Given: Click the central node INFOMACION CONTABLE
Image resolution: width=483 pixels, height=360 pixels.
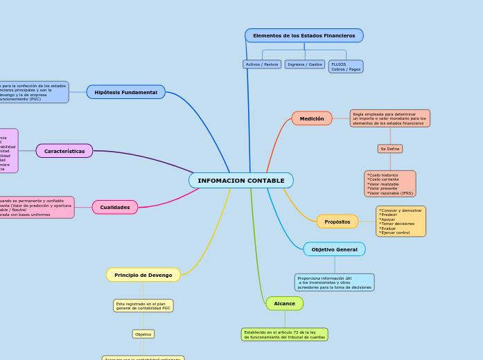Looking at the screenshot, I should [x=241, y=181].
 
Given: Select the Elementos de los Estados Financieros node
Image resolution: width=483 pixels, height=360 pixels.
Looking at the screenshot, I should [x=304, y=35].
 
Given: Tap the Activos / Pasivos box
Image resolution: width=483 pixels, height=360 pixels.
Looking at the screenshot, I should [x=262, y=64].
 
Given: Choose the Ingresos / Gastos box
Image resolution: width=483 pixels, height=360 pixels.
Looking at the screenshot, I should [x=304, y=64].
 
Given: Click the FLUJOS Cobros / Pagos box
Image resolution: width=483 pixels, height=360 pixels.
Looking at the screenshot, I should [x=346, y=66].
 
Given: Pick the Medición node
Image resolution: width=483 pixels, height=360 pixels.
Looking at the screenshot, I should [x=312, y=118].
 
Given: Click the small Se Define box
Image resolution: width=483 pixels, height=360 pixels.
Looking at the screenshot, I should [x=389, y=149].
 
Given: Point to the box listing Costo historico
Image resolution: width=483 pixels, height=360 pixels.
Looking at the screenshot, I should [x=389, y=184].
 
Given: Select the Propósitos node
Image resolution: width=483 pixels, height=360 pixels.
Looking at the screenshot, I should [x=337, y=222].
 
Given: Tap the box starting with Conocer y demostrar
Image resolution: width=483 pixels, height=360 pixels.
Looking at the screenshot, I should [x=401, y=221].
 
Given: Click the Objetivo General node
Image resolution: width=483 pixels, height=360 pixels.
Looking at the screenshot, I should [x=334, y=249].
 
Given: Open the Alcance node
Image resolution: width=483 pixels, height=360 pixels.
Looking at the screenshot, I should [x=284, y=303].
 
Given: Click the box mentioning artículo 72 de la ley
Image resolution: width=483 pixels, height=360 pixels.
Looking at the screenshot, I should [x=284, y=334].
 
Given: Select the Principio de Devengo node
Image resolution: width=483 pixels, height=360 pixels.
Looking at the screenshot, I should [x=143, y=275].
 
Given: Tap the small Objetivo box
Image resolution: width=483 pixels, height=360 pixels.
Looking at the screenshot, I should [x=143, y=334].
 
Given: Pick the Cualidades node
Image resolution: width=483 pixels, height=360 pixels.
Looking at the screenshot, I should [x=115, y=207].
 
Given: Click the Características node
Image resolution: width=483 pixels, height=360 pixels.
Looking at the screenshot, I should [x=64, y=151].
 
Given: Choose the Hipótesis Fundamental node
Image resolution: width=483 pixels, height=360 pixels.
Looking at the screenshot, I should [x=125, y=92].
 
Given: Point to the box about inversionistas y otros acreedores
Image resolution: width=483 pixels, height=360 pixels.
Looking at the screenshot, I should [x=334, y=282].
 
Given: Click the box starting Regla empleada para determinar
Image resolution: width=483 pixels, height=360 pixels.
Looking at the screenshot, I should [x=389, y=118].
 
